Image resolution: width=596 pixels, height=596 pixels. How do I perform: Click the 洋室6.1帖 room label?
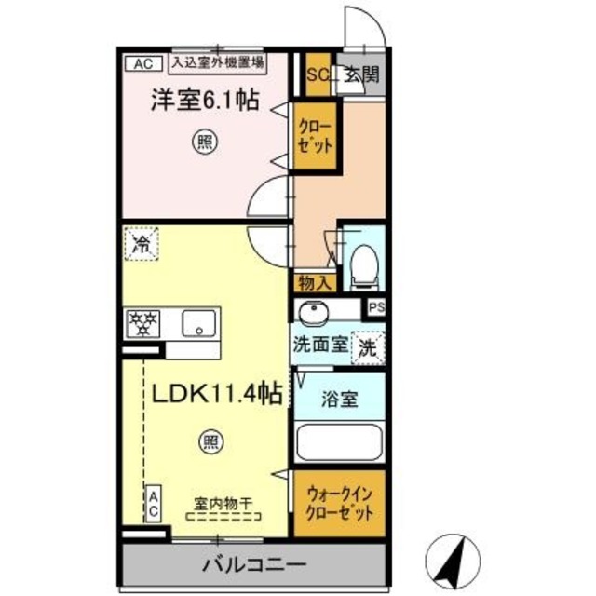[x=205, y=100]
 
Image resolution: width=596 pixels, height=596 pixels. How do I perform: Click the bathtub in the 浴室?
[x=339, y=441]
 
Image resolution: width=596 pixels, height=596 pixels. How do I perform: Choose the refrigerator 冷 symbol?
[x=141, y=246]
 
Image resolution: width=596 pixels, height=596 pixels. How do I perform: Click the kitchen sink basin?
[x=199, y=323]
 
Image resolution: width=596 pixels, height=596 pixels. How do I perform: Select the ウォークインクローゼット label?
[x=338, y=505]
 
